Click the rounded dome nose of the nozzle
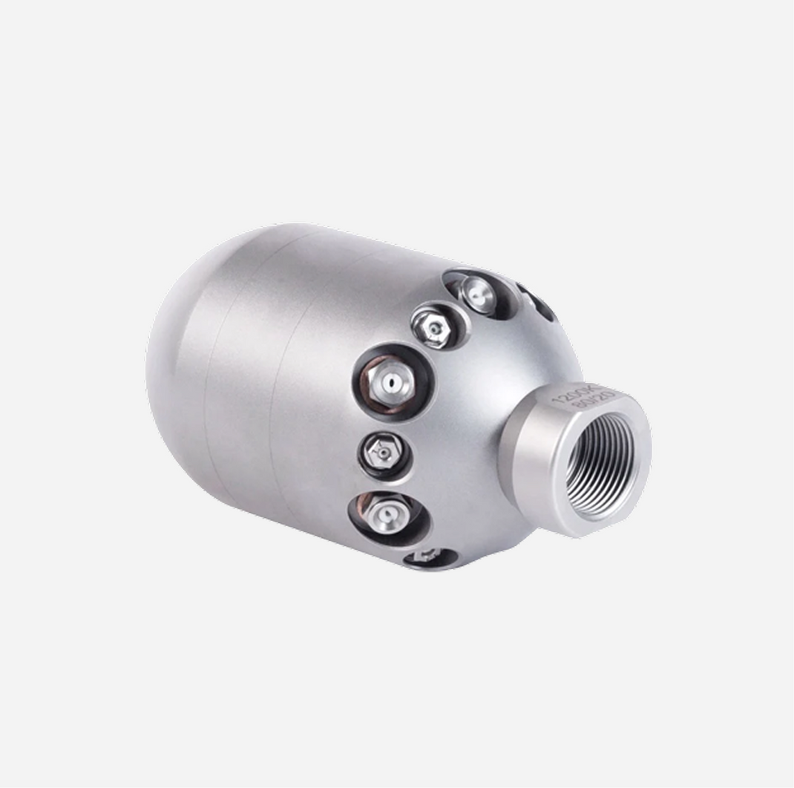tap(178, 356)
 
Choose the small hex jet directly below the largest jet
tap(384, 451)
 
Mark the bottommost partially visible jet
tap(426, 555)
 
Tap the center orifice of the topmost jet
tap(479, 295)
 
